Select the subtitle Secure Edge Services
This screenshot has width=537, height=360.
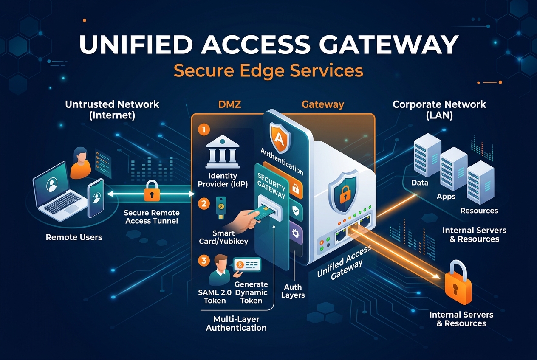[x=268, y=70]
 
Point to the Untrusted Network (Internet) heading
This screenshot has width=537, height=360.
[x=112, y=109]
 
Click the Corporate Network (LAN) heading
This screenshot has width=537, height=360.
[x=439, y=109]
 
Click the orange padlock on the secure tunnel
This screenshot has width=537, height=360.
[x=152, y=191]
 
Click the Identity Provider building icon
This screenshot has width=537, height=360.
[x=222, y=152]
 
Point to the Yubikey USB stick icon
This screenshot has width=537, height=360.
[x=220, y=207]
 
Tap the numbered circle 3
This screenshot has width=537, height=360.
[x=204, y=260]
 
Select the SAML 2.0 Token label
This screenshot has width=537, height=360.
[x=215, y=296]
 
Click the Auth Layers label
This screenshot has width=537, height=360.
[x=293, y=291]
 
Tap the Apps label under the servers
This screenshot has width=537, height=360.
[x=446, y=196]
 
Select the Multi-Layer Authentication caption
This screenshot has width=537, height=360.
[x=236, y=323]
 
